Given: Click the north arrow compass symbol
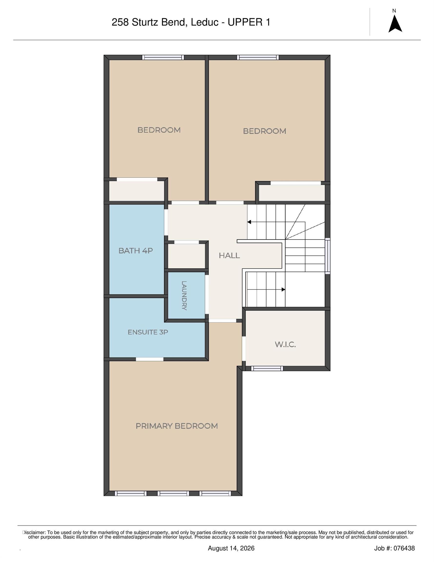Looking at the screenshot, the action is click(395, 24).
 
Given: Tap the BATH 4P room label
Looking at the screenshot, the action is click(136, 251).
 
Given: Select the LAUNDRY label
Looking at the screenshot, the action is click(184, 296).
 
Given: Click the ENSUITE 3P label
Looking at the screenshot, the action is click(148, 332).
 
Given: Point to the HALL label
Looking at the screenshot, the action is click(229, 256).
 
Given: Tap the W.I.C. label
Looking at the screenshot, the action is click(285, 345).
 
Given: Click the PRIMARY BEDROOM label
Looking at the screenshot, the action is click(177, 426).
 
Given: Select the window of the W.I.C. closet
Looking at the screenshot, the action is click(267, 369).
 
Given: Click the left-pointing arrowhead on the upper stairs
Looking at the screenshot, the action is click(249, 222).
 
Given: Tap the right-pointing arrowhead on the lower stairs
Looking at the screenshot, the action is click(284, 290).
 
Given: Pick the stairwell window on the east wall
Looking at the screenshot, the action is click(327, 256).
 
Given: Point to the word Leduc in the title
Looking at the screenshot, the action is click(204, 23).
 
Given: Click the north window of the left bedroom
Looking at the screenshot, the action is click(163, 57).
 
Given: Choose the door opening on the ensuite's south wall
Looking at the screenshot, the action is click(149, 359).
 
